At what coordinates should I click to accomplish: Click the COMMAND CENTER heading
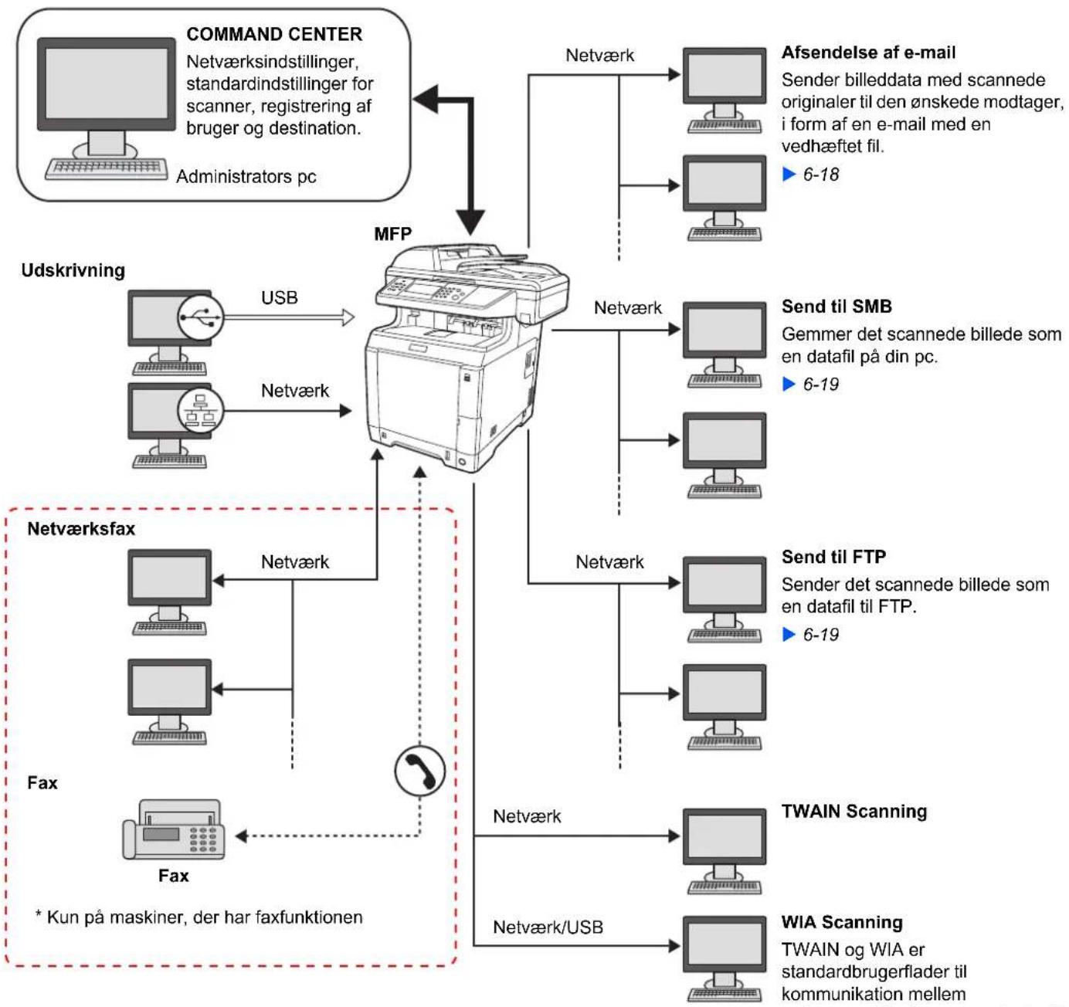tap(274, 35)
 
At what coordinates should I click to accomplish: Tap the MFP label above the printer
tap(393, 233)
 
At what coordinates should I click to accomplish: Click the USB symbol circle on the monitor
tap(200, 317)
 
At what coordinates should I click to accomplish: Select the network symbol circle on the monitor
tap(200, 410)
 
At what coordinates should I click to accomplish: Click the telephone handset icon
tap(420, 771)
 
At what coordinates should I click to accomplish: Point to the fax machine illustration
tap(173, 829)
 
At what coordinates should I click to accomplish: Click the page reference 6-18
tap(820, 175)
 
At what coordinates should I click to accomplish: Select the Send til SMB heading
tap(837, 307)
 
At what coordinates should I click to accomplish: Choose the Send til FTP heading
tap(833, 557)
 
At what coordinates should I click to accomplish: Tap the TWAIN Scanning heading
tap(854, 811)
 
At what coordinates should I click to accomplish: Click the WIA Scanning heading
tap(843, 922)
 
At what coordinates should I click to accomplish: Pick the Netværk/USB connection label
tap(548, 927)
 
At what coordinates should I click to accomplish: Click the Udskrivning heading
tap(73, 270)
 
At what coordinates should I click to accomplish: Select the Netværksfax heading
tap(81, 528)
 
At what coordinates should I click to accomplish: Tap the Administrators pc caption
tap(246, 177)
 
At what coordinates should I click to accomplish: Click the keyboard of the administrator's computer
tap(106, 168)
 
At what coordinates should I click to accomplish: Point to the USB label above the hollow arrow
tap(280, 297)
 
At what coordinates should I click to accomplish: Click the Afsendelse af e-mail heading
tap(868, 53)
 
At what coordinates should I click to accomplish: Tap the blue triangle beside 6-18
tap(789, 174)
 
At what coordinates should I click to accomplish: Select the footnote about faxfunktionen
tap(199, 917)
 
